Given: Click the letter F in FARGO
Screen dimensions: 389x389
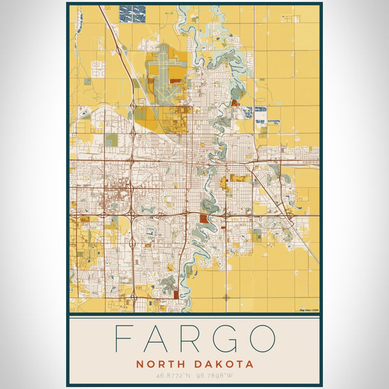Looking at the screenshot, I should (x=122, y=338).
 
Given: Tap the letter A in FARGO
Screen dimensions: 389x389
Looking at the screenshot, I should (x=158, y=338).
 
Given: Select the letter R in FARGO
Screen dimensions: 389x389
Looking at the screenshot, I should (x=194, y=338).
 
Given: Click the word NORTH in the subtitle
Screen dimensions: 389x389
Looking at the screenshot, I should (x=161, y=364).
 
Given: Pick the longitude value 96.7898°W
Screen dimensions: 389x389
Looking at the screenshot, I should (x=215, y=375).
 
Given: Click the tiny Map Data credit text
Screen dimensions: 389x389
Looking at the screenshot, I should (x=309, y=310).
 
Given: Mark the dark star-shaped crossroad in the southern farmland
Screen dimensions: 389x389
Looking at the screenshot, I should (x=226, y=297).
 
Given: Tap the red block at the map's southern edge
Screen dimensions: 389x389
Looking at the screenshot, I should (x=176, y=295).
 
